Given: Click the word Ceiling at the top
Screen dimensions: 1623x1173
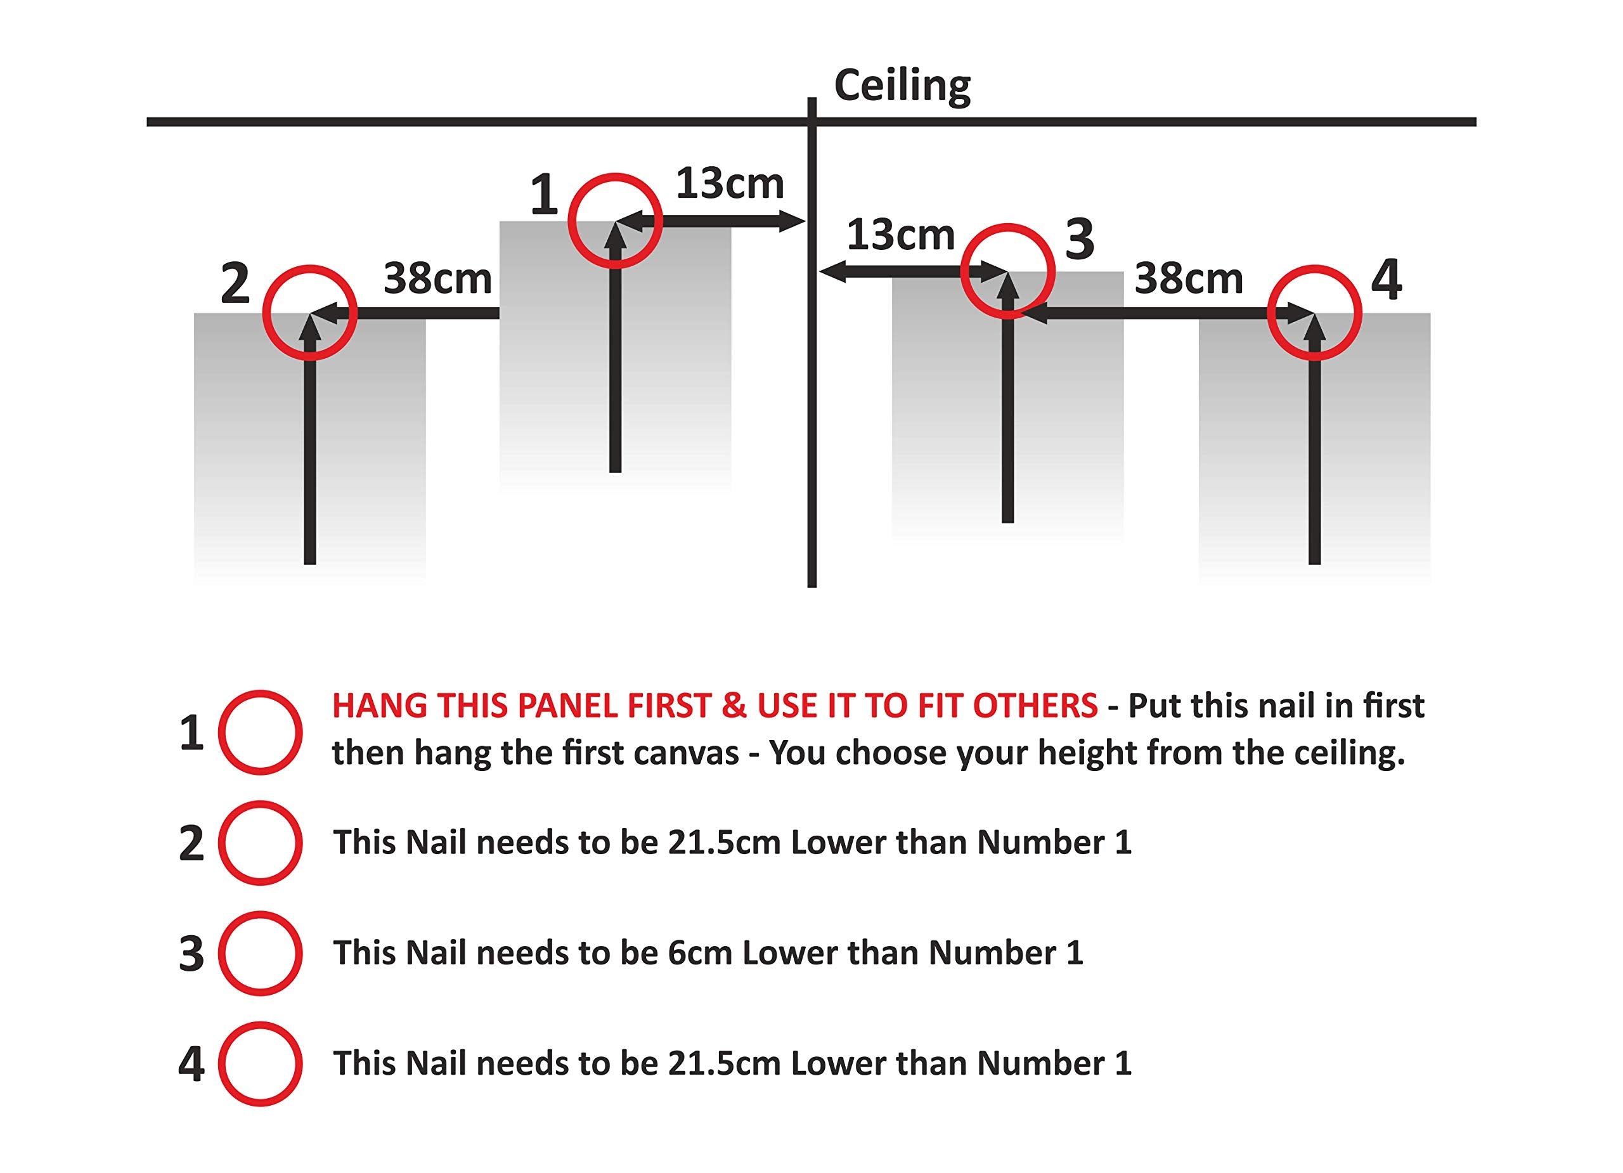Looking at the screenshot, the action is coord(902,87).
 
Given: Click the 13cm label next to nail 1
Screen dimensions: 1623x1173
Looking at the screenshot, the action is coord(730,183).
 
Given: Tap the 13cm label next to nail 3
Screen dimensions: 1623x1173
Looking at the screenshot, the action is coord(900,235).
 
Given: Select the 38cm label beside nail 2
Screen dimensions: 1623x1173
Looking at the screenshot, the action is coord(438,278).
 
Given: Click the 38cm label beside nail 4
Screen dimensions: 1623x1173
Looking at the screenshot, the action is coord(1189,278).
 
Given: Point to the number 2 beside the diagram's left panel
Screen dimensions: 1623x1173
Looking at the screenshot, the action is coord(235,284).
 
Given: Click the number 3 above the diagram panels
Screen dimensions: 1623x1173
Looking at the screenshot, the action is coord(1080,239).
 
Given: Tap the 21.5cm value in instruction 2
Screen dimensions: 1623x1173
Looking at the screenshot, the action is coord(724,843).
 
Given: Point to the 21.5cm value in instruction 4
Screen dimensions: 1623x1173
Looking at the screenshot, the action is coord(724,1063).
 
